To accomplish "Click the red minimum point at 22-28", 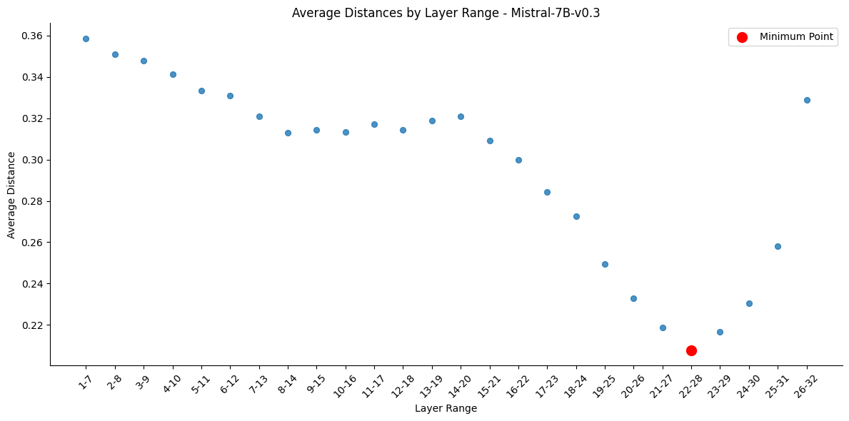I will pos(691,350).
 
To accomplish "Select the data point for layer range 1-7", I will pos(86,39).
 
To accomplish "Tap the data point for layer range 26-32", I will pos(807,100).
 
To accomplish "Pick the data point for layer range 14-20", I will pos(461,116).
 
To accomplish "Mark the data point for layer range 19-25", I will pos(605,264).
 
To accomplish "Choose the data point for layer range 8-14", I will pos(288,133).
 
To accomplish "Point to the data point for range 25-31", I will pos(778,246).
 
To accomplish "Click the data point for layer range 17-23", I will pos(547,192).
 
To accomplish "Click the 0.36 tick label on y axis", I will pos(32,36).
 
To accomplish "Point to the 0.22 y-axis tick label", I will pos(32,325).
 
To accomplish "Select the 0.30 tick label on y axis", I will pos(32,160).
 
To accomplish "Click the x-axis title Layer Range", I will pos(446,408).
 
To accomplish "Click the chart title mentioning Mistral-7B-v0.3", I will pos(446,13).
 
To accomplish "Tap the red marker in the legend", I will pos(742,37).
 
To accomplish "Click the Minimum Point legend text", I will pos(796,37).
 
